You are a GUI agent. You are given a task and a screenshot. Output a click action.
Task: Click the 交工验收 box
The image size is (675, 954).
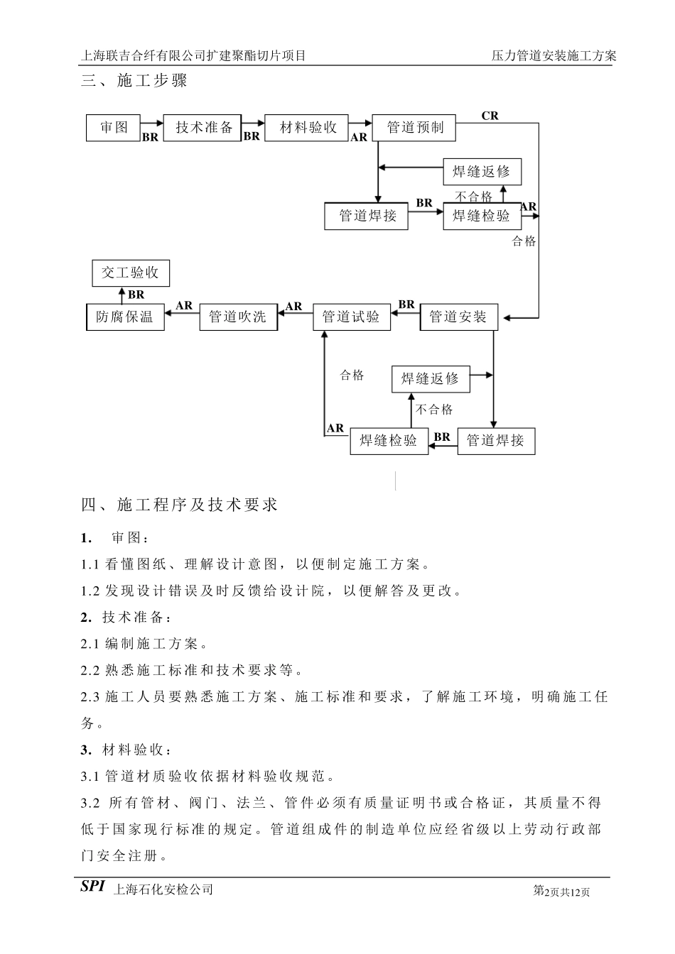(x=131, y=273)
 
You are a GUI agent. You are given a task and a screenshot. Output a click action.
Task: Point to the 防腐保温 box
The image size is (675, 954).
(x=124, y=317)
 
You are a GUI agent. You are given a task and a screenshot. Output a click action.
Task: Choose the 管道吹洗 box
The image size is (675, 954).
(x=237, y=317)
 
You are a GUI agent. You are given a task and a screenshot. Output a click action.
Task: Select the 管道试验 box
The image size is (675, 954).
(x=351, y=317)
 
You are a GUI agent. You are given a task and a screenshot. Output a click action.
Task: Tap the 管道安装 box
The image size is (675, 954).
(x=458, y=317)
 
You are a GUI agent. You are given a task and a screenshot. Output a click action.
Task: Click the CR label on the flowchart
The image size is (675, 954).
(x=490, y=116)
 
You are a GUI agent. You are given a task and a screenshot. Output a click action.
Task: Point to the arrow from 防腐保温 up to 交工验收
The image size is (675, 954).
(x=121, y=295)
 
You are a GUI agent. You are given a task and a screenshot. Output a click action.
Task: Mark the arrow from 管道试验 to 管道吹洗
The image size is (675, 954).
(x=295, y=316)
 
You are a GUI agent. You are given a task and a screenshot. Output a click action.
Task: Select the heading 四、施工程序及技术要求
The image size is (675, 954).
(x=179, y=505)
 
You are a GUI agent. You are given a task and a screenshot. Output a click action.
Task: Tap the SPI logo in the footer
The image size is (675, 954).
(x=92, y=887)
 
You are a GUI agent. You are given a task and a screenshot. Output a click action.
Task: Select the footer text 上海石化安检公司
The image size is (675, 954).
(x=163, y=889)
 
